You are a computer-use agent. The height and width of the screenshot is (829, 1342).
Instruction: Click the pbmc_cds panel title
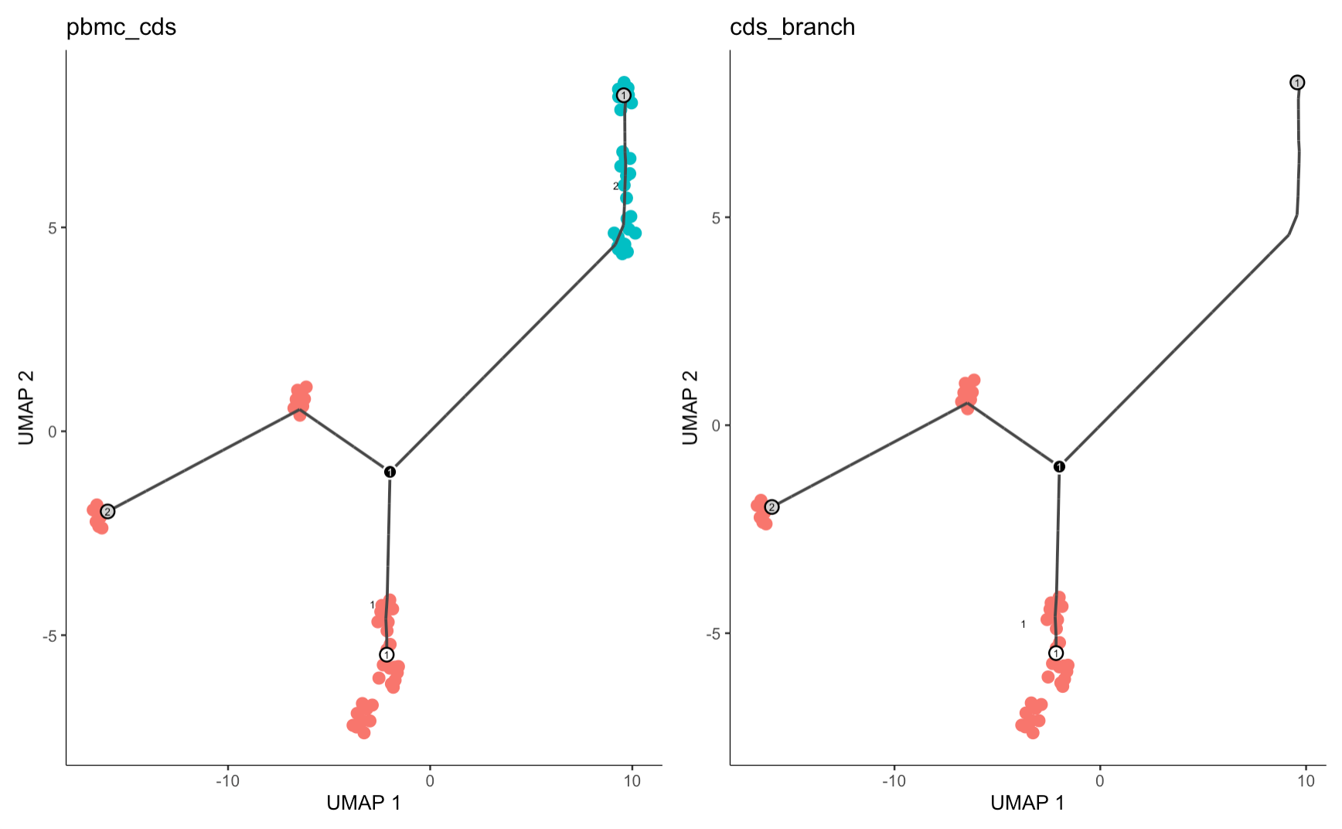121,27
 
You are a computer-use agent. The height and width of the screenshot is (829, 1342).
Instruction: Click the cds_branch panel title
792,27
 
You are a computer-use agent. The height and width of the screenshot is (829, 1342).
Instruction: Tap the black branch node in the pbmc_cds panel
390,472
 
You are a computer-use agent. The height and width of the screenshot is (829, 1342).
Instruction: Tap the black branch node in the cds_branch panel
1059,466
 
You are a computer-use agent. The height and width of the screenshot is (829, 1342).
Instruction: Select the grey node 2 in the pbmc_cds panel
107,511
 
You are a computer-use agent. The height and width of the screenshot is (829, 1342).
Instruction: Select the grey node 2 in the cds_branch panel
771,507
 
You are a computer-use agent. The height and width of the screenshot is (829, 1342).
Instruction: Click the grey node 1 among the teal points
623,95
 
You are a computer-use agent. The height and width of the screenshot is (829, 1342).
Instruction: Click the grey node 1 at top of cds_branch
1297,83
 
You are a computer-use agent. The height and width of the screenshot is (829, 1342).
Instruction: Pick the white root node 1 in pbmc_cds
387,655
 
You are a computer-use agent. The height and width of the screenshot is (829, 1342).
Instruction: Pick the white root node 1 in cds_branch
1056,653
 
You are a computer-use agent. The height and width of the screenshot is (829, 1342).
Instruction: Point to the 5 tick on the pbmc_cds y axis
53,228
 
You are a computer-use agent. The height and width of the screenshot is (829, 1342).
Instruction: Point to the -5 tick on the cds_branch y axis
713,634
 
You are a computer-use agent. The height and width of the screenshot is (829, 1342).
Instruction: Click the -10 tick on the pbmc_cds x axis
227,781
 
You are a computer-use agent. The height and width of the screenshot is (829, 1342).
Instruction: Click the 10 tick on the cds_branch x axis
1306,781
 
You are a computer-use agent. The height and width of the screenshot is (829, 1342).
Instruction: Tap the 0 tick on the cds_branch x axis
1099,781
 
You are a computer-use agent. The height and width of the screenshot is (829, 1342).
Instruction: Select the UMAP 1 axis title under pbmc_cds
363,803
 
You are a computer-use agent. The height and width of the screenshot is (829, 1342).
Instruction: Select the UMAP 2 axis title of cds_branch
690,408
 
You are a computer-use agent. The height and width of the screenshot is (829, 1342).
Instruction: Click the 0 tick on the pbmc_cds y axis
53,432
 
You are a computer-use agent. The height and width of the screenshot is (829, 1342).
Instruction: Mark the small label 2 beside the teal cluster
615,186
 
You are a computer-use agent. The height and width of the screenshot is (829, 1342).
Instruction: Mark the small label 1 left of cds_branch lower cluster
1023,624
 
